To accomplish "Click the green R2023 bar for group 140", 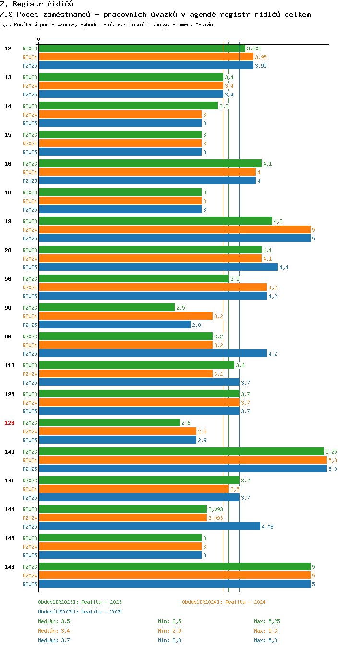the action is tap(181, 451).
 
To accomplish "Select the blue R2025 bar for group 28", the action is tap(159, 267).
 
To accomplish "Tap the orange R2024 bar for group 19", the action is tap(175, 230).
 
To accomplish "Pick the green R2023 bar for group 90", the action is tap(107, 307).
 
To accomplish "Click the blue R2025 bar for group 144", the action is tap(150, 526).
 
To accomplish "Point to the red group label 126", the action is tap(9, 423).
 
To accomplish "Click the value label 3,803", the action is tap(254, 48).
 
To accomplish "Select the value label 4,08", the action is tap(267, 527).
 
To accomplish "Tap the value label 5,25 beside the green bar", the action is tap(331, 452).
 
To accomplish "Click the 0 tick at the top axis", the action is tap(38, 39).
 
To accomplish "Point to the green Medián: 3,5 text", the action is tap(54, 621).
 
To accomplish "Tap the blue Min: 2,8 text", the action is tap(169, 640).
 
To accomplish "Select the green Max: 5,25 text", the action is tap(267, 621).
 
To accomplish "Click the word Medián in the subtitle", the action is tap(204, 24).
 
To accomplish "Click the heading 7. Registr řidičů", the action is tap(36, 4).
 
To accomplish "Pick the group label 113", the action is tap(9, 365).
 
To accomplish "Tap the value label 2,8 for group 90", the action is tap(196, 325).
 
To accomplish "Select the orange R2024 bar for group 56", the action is tap(153, 287).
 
